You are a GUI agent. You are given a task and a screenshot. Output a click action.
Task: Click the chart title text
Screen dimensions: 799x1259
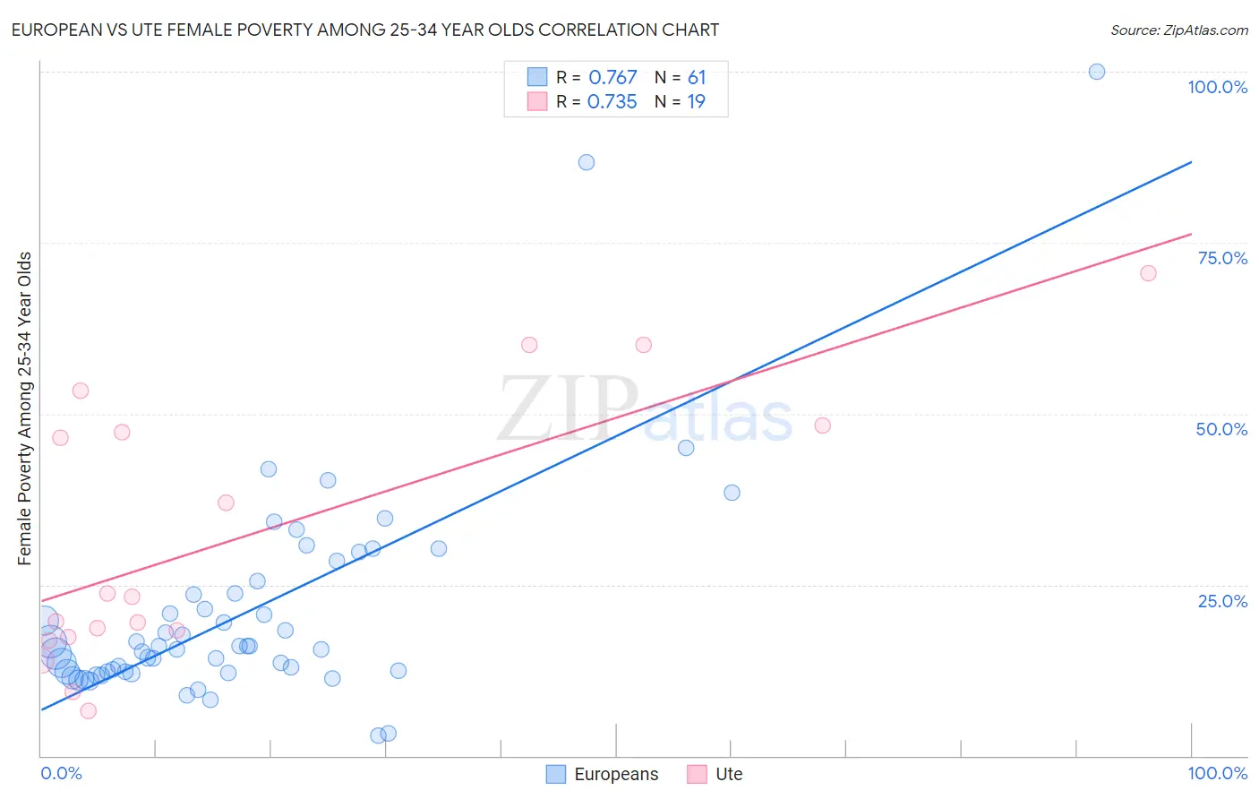click(x=365, y=30)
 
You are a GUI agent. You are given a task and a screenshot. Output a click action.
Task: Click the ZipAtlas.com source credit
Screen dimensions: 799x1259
click(x=1178, y=30)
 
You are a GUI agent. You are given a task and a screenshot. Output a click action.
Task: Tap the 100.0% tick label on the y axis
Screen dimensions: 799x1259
click(x=1217, y=87)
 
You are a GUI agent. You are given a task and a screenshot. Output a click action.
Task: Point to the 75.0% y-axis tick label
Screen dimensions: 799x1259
click(x=1222, y=258)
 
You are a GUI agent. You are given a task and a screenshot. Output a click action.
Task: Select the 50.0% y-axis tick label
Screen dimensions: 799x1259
click(x=1221, y=429)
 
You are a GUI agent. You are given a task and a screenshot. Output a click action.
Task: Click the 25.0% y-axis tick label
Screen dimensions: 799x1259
click(x=1222, y=601)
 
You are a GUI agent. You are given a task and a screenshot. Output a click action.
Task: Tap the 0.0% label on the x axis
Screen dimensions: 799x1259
click(x=61, y=773)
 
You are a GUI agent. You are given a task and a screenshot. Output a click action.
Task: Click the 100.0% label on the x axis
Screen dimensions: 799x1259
click(x=1217, y=773)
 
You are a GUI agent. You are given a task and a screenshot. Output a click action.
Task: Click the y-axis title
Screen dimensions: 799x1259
click(x=24, y=408)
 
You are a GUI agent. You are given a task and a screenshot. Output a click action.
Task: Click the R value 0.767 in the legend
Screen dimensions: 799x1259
click(x=612, y=78)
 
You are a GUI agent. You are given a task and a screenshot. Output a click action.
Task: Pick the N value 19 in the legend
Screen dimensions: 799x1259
click(x=696, y=102)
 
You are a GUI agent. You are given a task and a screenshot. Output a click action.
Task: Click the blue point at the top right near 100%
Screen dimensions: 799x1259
click(x=1097, y=72)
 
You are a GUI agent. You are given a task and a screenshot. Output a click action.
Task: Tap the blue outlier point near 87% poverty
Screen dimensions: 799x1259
click(x=587, y=162)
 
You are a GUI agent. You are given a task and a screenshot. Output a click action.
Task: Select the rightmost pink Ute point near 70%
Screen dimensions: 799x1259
click(x=1148, y=273)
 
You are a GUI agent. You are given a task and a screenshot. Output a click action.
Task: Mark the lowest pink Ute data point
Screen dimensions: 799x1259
click(x=88, y=710)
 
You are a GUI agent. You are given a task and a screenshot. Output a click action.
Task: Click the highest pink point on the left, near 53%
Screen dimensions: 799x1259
click(x=81, y=391)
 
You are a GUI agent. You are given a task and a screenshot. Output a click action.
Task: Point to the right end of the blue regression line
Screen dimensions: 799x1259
click(x=1191, y=162)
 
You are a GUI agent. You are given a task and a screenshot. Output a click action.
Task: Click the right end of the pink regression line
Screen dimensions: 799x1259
click(x=1191, y=234)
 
